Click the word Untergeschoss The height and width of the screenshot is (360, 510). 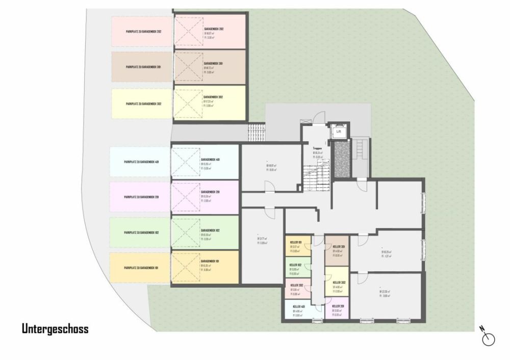55,329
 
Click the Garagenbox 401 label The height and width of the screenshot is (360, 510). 211,160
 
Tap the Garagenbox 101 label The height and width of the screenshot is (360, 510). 211,261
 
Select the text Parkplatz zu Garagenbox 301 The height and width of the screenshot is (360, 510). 140,67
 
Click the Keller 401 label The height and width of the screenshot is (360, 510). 298,306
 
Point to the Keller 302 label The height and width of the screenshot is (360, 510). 339,282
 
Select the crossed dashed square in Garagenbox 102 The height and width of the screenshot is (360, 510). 185,232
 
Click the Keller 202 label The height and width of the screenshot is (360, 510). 297,285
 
